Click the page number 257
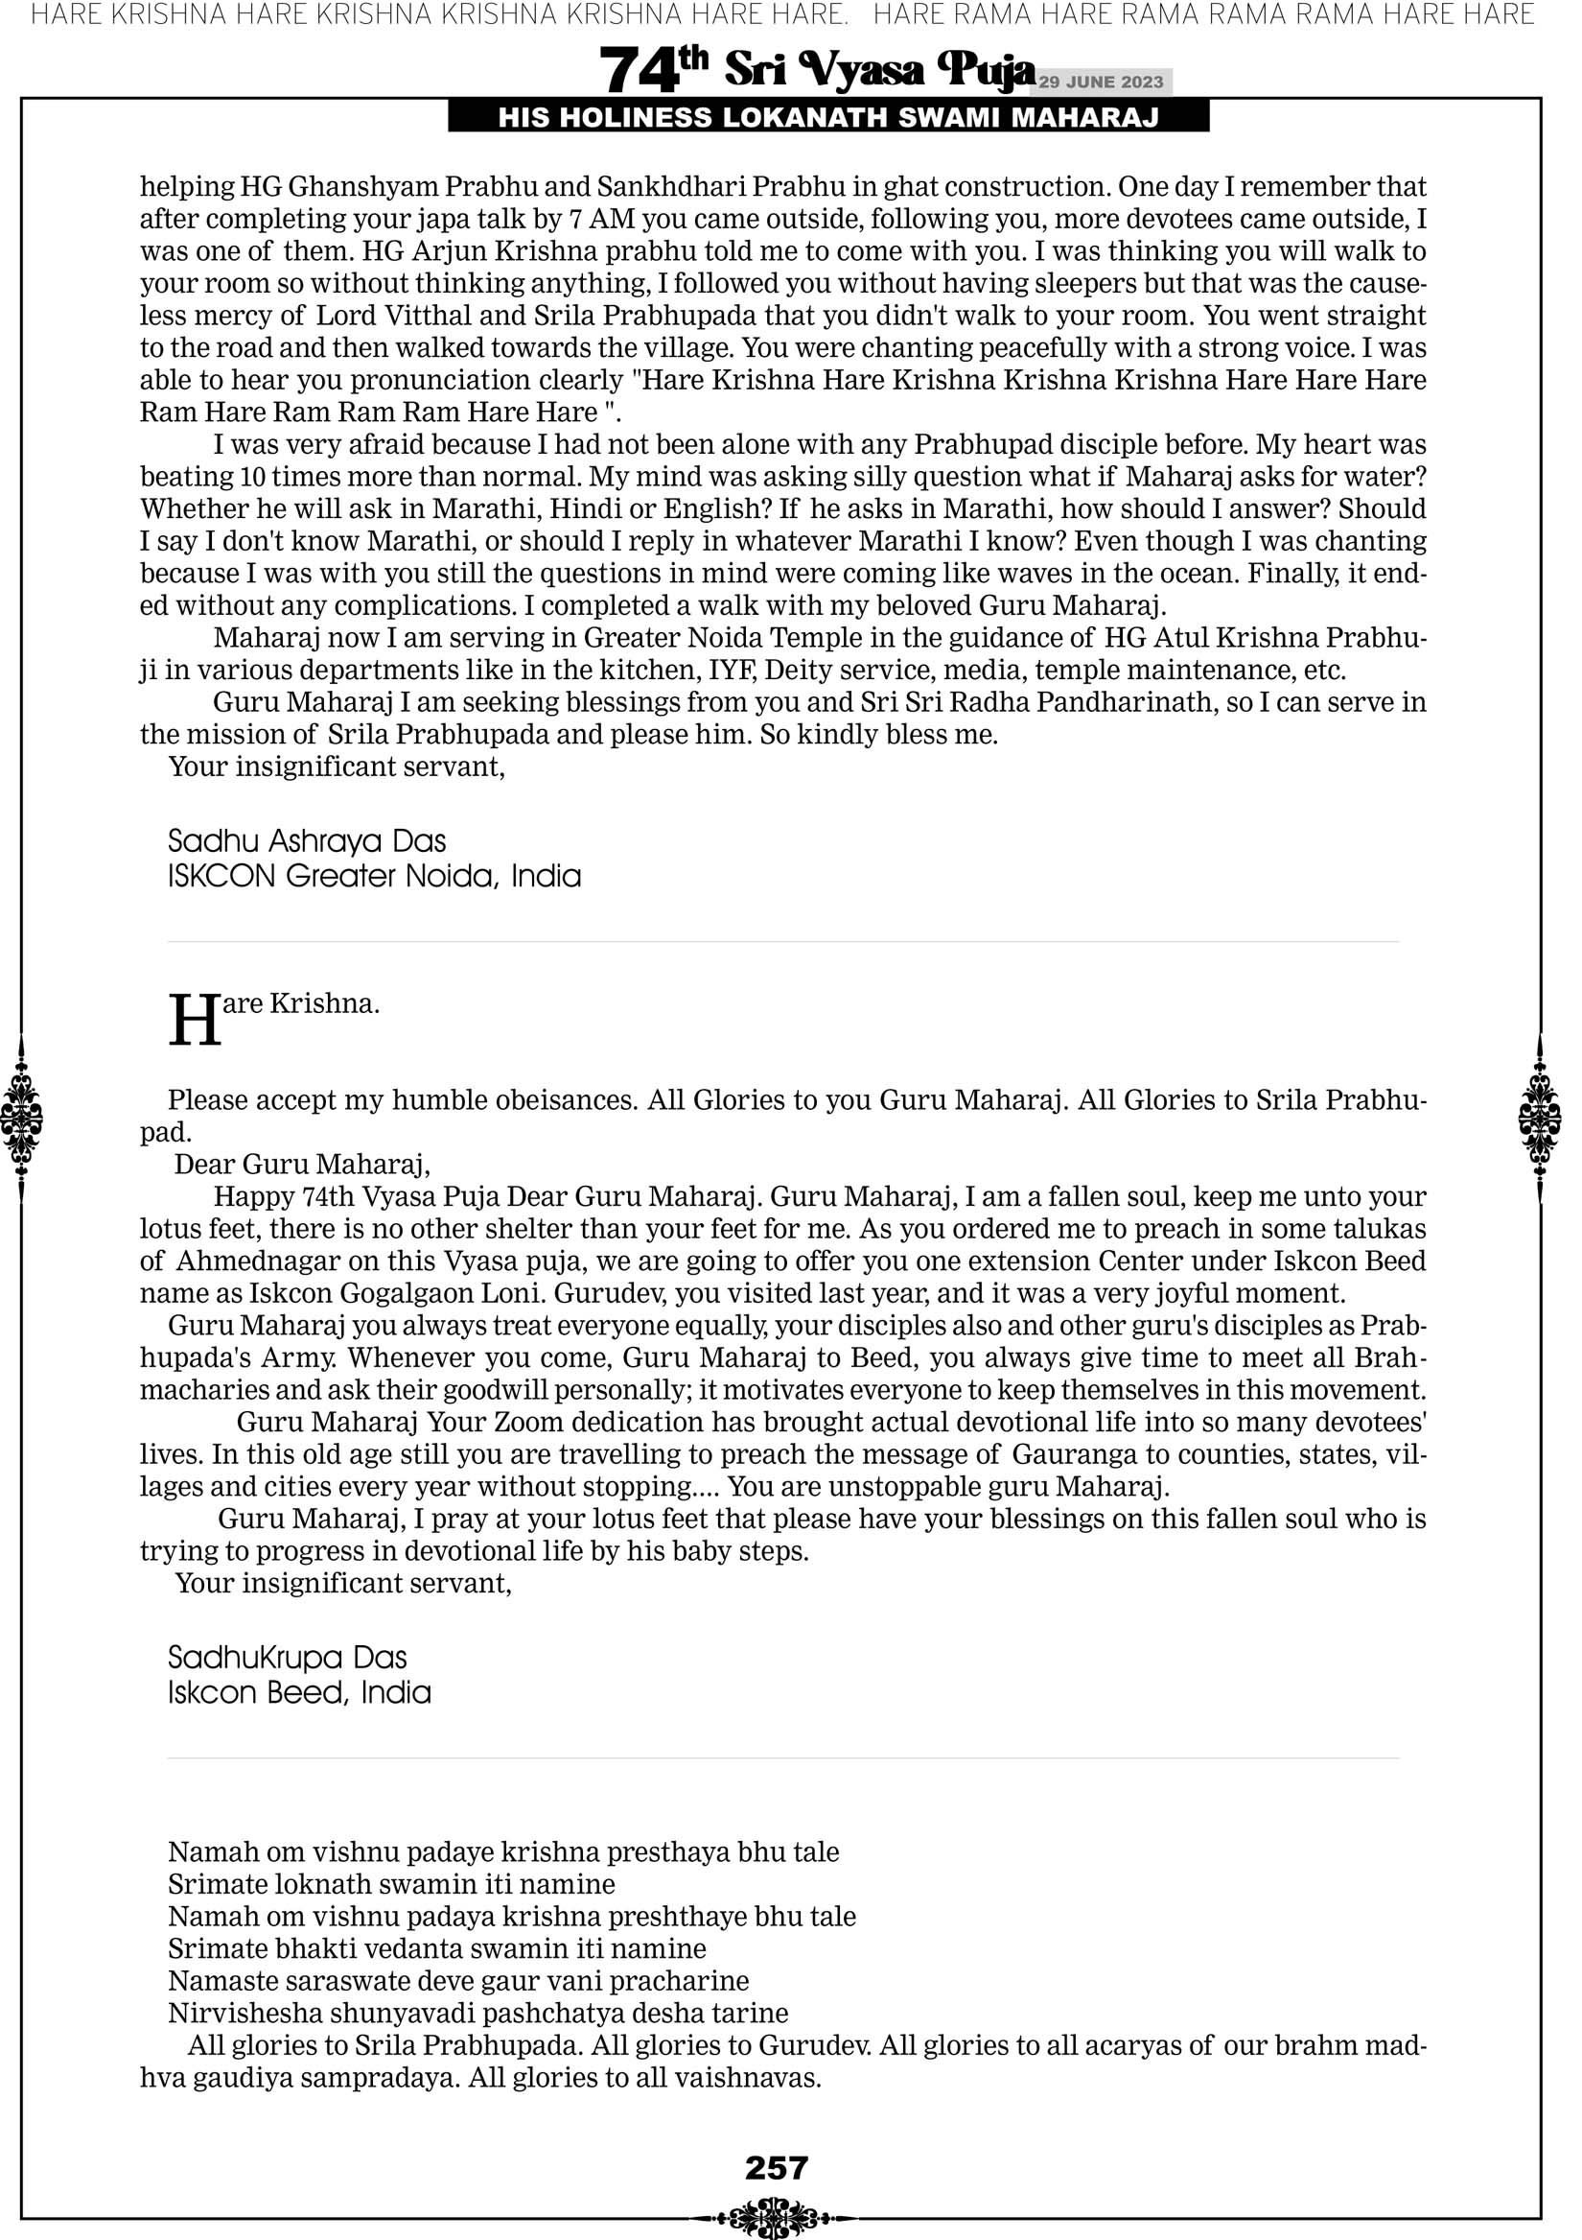(x=777, y=2167)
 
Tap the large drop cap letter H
(x=195, y=1021)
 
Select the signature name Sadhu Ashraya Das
(x=307, y=841)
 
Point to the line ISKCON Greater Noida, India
(x=374, y=876)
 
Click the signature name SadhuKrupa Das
(x=287, y=1658)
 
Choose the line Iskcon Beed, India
(x=298, y=1692)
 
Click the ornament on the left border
(x=21, y=1118)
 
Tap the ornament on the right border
(x=1540, y=1118)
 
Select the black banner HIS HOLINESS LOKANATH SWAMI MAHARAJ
(x=828, y=118)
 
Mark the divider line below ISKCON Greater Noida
(x=783, y=942)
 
